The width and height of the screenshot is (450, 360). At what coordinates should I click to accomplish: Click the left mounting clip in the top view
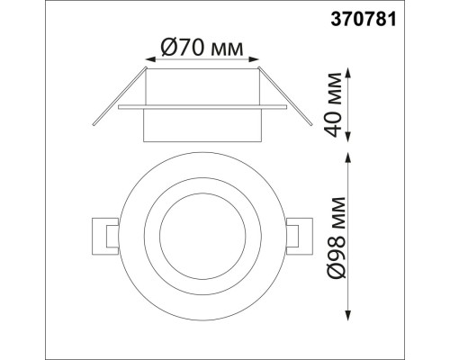[x=104, y=236]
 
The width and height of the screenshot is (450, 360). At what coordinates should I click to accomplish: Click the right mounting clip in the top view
[x=293, y=236]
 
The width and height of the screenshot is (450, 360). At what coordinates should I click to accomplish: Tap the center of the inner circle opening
[x=199, y=237]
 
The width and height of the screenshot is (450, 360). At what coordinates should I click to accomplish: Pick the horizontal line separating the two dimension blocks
[x=378, y=148]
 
